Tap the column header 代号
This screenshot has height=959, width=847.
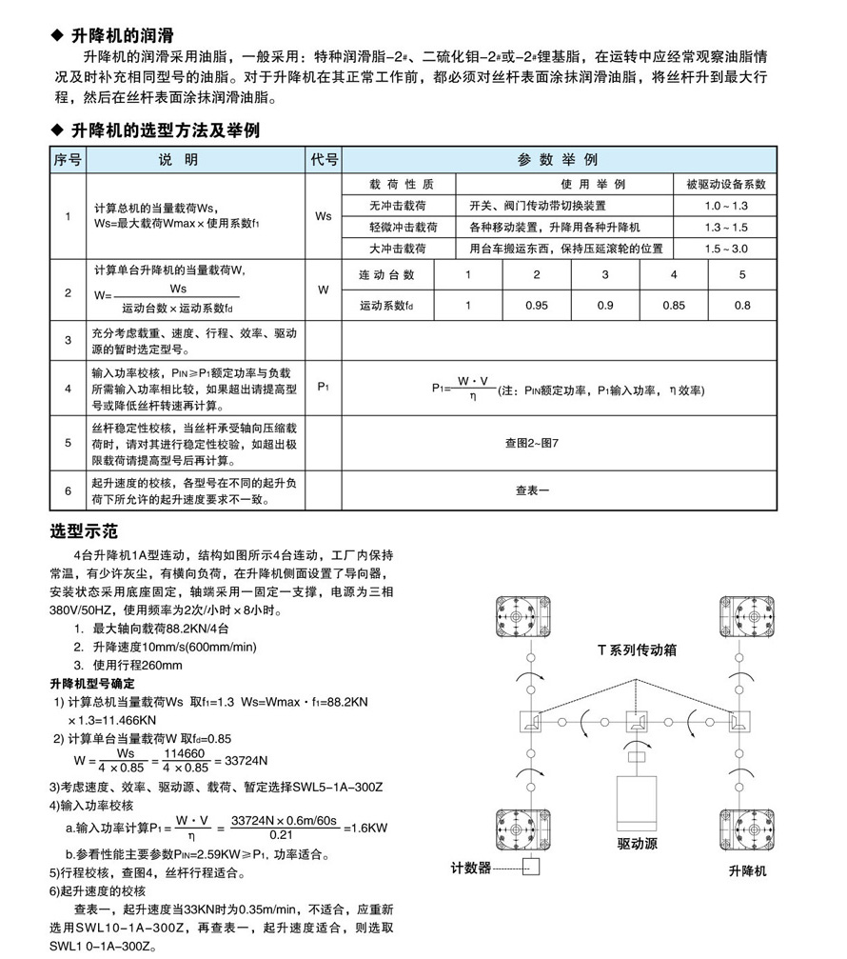click(324, 160)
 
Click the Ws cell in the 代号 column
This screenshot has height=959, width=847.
click(324, 216)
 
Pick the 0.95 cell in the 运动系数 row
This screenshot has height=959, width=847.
click(537, 306)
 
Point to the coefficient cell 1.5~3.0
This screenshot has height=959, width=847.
click(726, 249)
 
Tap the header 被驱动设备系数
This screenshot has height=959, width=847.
click(726, 184)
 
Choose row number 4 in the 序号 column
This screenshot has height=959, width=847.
click(68, 389)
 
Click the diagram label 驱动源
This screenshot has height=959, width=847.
click(637, 844)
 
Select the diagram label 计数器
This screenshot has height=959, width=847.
click(471, 868)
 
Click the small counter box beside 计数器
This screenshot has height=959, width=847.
click(531, 868)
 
